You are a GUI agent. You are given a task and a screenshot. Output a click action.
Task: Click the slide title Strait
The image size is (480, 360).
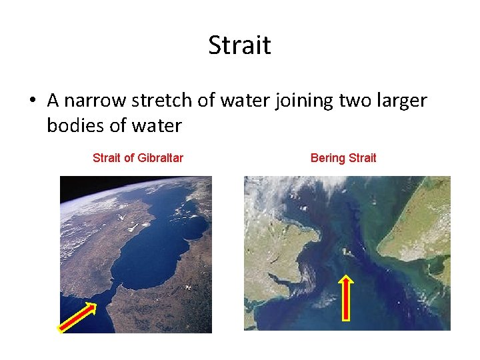pyautogui.click(x=239, y=45)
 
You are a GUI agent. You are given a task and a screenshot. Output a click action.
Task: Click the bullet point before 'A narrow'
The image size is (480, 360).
pyautogui.click(x=33, y=101)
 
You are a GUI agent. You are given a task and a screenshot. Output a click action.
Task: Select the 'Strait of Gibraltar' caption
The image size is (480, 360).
pyautogui.click(x=137, y=158)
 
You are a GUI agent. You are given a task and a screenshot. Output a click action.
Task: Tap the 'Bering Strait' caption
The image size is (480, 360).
pyautogui.click(x=343, y=158)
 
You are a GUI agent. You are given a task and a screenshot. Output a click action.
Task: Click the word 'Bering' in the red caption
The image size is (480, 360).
pyautogui.click(x=327, y=158)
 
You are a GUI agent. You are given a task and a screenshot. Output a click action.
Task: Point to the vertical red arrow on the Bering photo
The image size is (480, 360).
pyautogui.click(x=347, y=299)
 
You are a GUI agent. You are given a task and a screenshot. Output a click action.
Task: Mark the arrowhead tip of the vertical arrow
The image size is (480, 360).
pyautogui.click(x=347, y=275)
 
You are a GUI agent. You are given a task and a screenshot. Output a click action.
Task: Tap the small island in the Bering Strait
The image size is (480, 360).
pyautogui.click(x=346, y=251)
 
